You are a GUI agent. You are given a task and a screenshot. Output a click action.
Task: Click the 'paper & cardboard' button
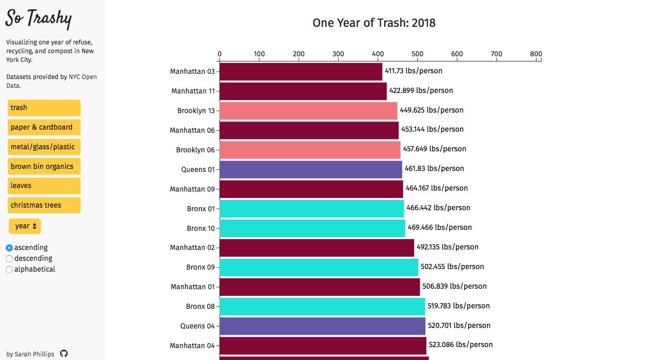tap(44, 127)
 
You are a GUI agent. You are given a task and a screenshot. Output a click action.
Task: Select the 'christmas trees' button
tap(44, 205)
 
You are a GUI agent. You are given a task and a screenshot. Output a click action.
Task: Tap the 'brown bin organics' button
tap(44, 166)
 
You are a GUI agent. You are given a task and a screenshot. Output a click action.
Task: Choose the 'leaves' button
tap(44, 185)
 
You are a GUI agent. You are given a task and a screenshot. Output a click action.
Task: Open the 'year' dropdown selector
tap(25, 226)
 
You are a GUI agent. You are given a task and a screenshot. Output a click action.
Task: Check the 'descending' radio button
tap(9, 258)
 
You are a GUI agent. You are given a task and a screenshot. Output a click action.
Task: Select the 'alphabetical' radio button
tap(9, 269)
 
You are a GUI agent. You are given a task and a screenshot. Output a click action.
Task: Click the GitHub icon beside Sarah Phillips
tap(64, 354)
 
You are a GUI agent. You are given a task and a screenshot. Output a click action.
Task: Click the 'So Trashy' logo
tap(39, 19)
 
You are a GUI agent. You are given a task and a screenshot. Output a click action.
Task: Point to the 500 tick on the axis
tap(417, 54)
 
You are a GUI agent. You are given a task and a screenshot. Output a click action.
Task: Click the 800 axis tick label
tap(536, 54)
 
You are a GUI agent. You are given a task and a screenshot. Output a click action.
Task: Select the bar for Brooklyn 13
tap(308, 111)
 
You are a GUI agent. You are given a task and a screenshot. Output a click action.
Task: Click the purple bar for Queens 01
tap(310, 169)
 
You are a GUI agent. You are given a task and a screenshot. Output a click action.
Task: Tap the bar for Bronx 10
tap(312, 228)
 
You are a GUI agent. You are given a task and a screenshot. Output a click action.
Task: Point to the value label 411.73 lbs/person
tap(413, 71)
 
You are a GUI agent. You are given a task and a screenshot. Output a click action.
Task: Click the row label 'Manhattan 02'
tap(192, 247)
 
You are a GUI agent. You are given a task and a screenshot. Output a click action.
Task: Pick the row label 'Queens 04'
tap(197, 326)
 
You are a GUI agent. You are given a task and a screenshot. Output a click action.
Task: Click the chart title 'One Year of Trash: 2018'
tap(374, 23)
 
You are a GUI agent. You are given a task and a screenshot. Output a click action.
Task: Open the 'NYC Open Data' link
tap(83, 77)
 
